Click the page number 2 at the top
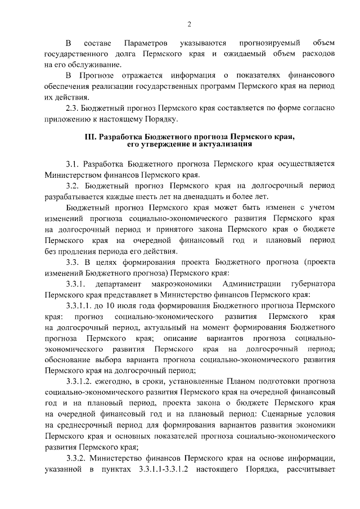[x=189, y=24]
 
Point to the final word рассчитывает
[x=311, y=467]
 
